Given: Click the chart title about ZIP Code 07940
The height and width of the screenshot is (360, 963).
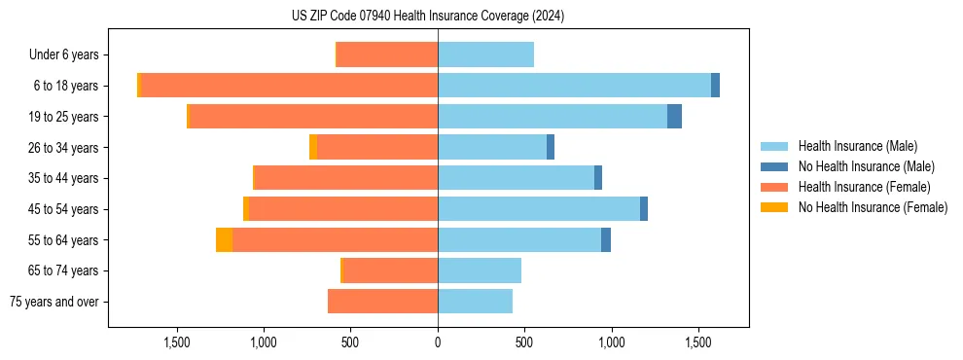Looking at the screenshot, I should pos(427,16).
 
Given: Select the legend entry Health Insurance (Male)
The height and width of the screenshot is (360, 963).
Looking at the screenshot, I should pos(857,146).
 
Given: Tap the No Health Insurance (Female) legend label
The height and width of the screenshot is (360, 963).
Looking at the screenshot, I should pos(873,207).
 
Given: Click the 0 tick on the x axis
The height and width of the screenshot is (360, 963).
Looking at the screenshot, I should pos(438,342).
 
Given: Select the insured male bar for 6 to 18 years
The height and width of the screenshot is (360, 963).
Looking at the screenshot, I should pos(574,86).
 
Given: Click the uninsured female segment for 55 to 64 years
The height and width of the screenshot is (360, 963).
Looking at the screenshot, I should pos(224,240).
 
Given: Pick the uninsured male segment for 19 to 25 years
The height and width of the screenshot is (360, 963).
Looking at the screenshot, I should pos(674,117).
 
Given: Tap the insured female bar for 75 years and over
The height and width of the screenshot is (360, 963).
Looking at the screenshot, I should pos(382,302).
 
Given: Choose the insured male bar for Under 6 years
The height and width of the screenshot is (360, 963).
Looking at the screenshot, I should pos(485,54).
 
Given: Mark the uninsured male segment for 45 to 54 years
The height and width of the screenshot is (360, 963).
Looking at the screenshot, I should pos(644,209).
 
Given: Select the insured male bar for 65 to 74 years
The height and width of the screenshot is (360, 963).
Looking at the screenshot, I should pos(480,270).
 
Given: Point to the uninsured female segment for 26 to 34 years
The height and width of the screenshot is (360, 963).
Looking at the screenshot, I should pos(313,148).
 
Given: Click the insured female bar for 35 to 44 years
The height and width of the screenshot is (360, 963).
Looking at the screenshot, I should pos(346,178).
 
